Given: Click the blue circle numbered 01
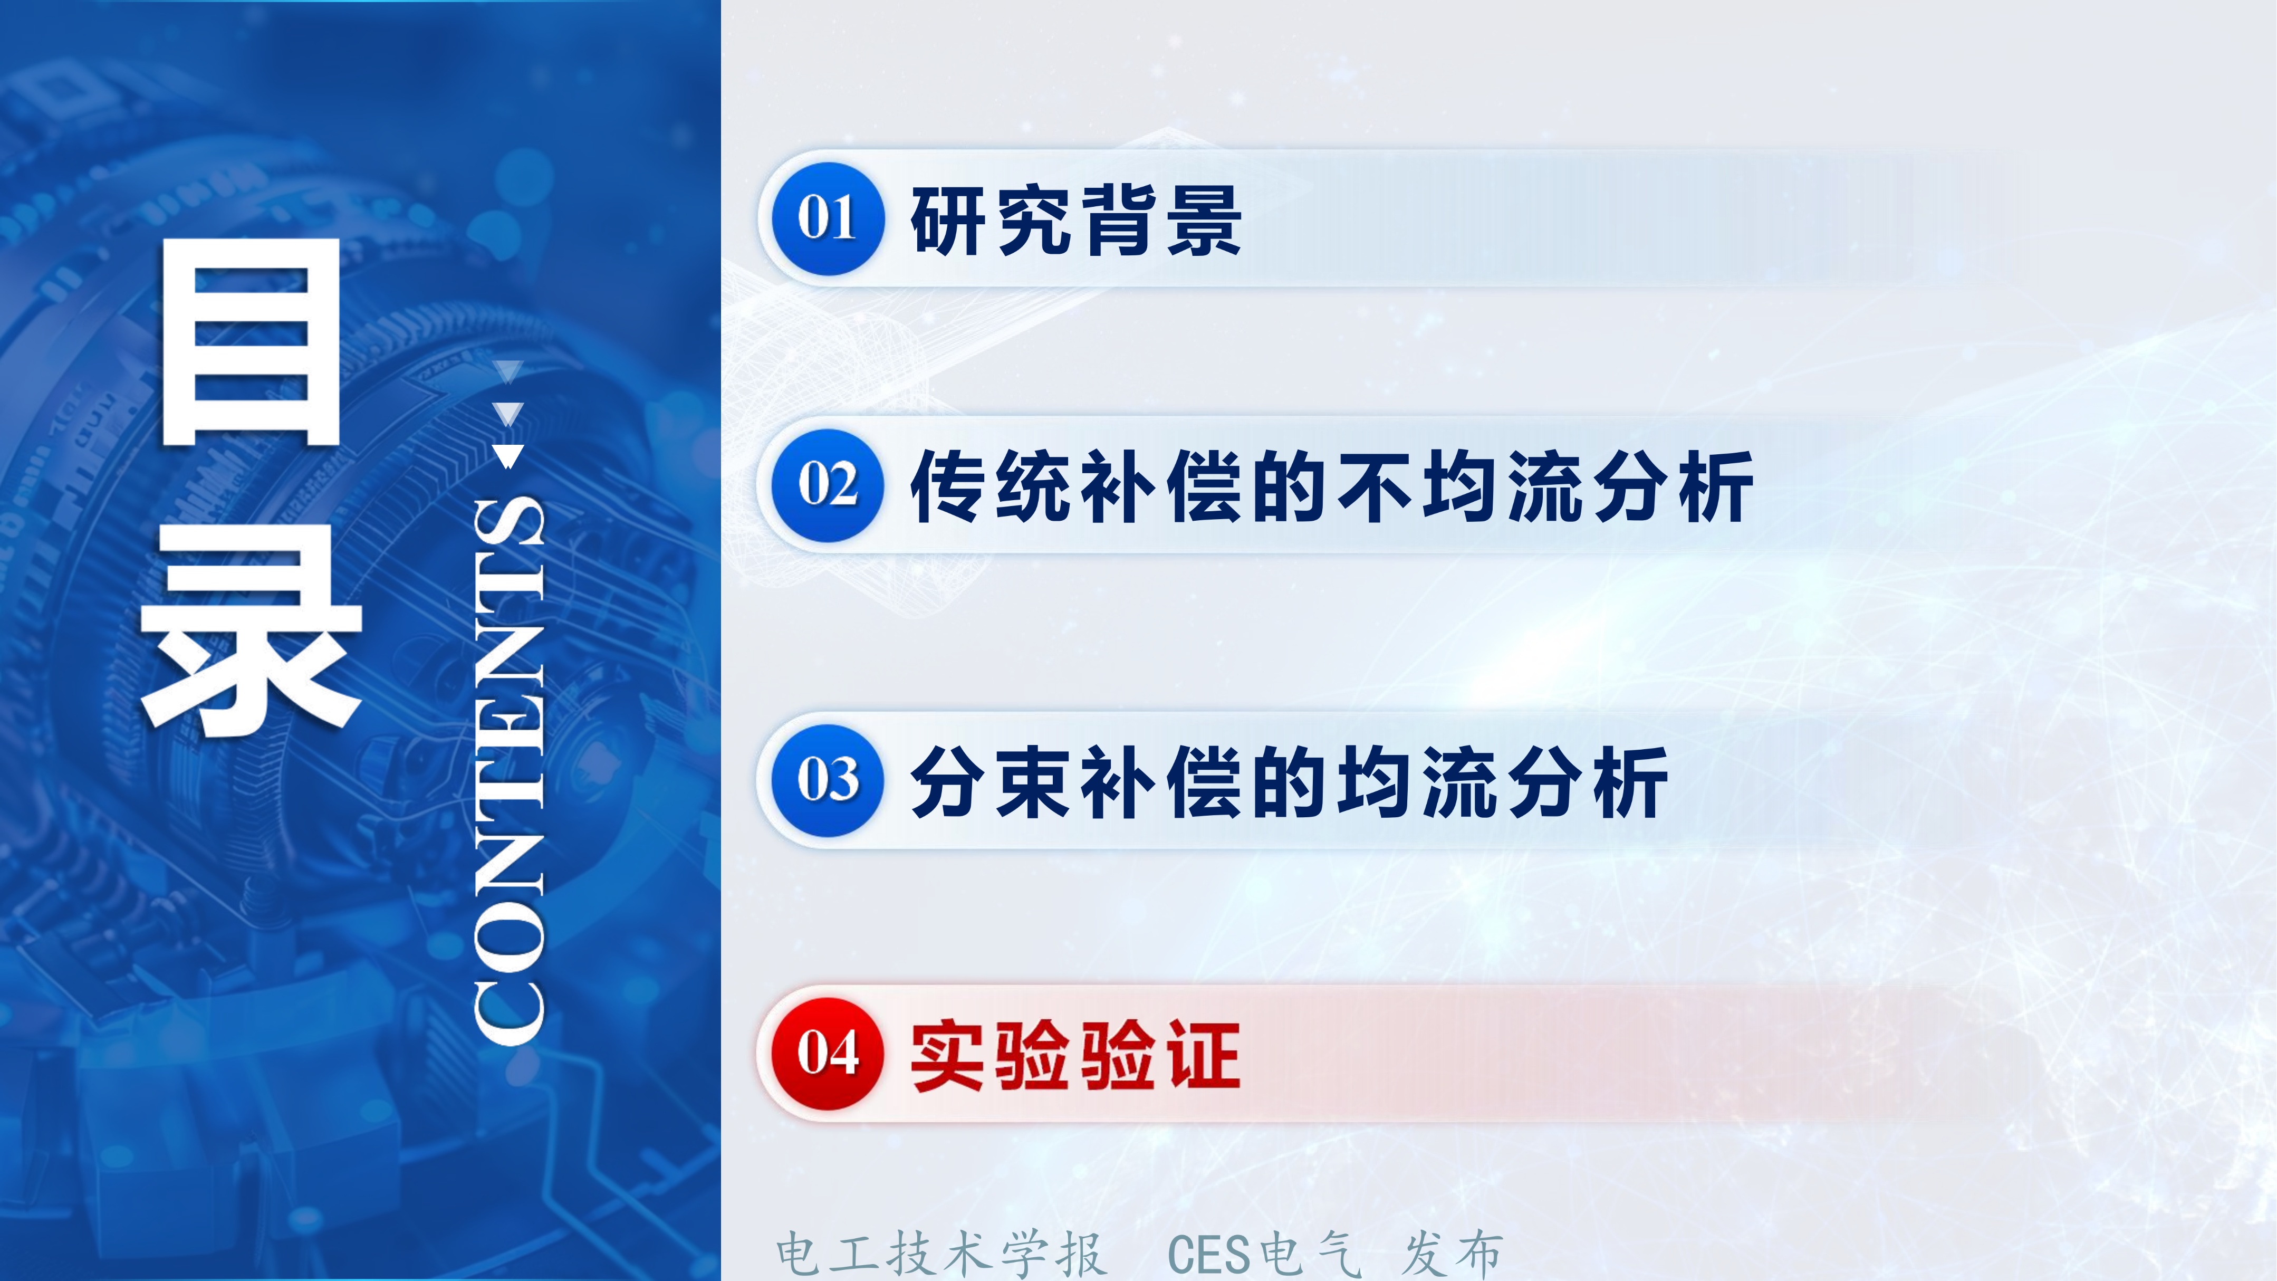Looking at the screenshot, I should click(x=828, y=218).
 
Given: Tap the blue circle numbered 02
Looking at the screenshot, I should click(x=828, y=485).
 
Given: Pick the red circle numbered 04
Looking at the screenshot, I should click(x=828, y=1054).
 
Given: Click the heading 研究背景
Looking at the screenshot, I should click(x=1076, y=221).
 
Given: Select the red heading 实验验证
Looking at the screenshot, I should click(x=1076, y=1056).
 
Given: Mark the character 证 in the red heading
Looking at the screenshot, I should click(x=1204, y=1056).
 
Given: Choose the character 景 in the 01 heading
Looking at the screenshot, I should click(x=1204, y=221).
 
